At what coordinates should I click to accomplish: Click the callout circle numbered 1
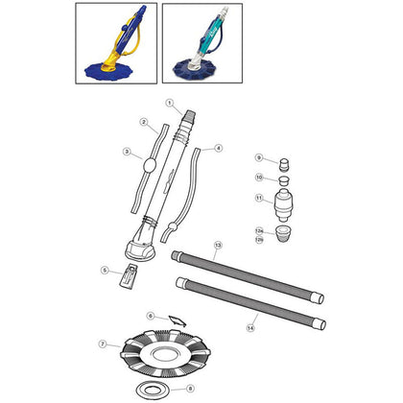[168, 103]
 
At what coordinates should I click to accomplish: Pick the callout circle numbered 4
[219, 149]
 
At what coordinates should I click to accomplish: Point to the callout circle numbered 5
[105, 271]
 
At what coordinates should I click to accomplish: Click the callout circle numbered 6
[150, 316]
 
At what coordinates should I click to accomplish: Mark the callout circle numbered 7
[103, 344]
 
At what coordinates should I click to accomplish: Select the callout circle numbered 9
[258, 157]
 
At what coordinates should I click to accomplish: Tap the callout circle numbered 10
[258, 178]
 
